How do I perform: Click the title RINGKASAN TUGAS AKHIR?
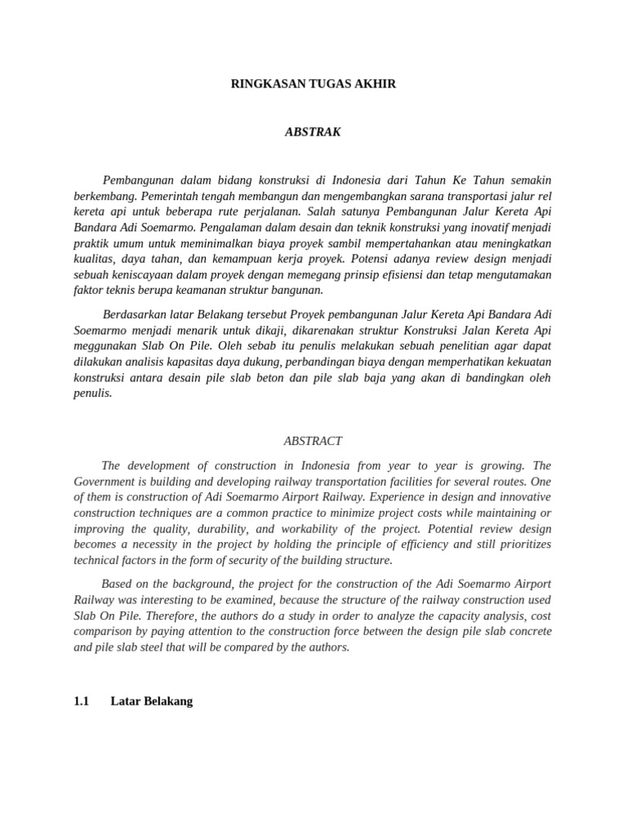click(x=313, y=84)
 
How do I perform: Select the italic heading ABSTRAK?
click(x=313, y=131)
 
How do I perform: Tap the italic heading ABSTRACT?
click(x=313, y=441)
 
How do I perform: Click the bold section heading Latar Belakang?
click(x=151, y=701)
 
